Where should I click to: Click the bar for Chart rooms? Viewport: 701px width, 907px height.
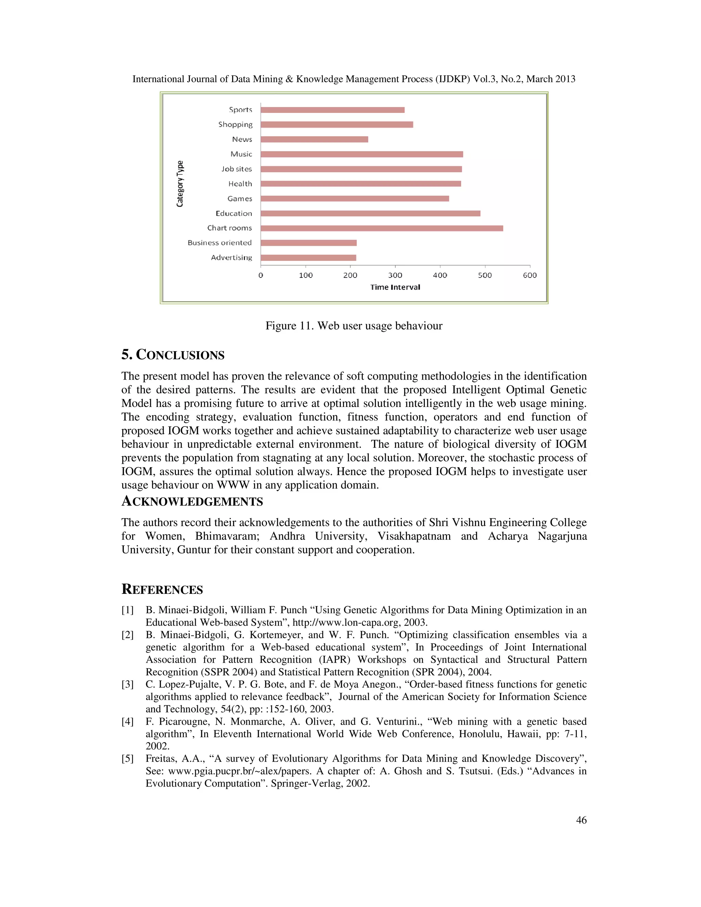click(x=381, y=228)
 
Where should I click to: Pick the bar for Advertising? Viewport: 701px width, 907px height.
click(x=308, y=257)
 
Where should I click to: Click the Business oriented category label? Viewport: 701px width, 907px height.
click(x=219, y=243)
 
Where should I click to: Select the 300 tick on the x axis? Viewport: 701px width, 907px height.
click(x=395, y=275)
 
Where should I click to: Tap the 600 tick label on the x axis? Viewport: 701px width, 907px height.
click(x=530, y=275)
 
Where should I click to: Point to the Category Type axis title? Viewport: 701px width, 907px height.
click(x=180, y=183)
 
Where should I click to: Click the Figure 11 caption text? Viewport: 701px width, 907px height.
click(x=354, y=325)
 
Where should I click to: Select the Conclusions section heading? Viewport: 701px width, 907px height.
click(x=173, y=355)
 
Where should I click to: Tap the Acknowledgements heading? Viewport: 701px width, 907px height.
click(x=192, y=501)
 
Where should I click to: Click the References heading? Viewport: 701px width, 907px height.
click(x=162, y=589)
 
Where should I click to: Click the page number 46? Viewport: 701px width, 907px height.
click(x=581, y=820)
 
